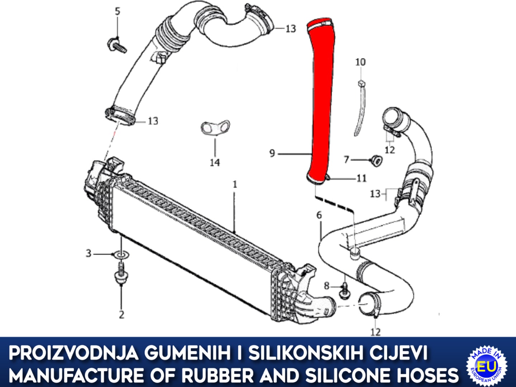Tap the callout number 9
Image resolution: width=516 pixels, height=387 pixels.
pyautogui.click(x=272, y=153)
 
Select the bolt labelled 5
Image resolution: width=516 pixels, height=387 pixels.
pyautogui.click(x=117, y=46)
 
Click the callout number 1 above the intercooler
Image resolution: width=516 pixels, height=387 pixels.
pyautogui.click(x=235, y=185)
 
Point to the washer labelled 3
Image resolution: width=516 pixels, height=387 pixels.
pyautogui.click(x=121, y=254)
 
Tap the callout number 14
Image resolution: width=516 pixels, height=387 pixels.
pyautogui.click(x=215, y=163)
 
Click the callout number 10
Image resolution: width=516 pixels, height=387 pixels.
pyautogui.click(x=360, y=62)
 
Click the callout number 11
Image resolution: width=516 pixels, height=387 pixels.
pyautogui.click(x=362, y=179)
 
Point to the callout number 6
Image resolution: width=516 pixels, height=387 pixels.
pyautogui.click(x=319, y=215)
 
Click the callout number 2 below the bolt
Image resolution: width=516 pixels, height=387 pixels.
pyautogui.click(x=121, y=315)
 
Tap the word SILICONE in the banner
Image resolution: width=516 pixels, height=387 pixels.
pyautogui.click(x=360, y=375)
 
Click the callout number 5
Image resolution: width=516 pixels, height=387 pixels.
pyautogui.click(x=117, y=11)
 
